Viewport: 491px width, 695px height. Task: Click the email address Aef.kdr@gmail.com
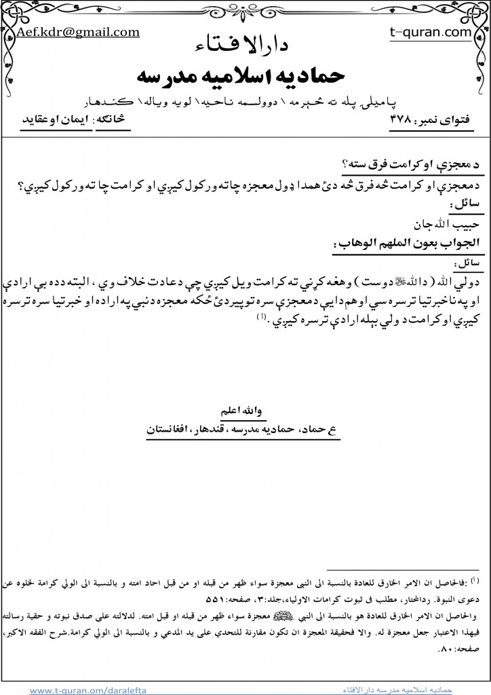79,32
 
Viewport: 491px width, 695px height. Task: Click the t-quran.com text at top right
422,32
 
